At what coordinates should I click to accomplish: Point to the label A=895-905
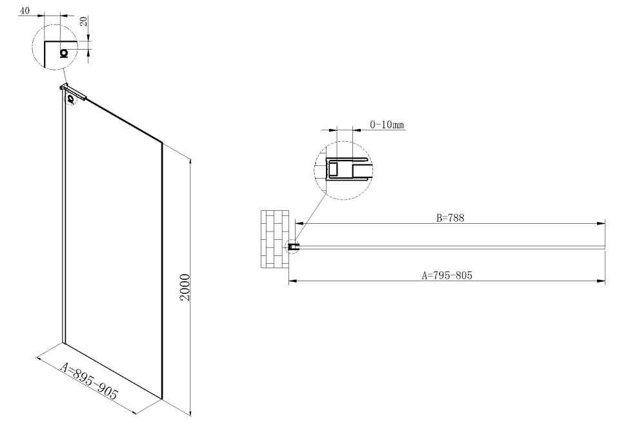[89, 381]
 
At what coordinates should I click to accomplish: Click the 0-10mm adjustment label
[387, 124]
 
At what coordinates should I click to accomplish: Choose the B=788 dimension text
[450, 218]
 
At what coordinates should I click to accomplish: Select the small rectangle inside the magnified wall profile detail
[334, 170]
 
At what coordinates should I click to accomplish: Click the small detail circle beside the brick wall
[292, 246]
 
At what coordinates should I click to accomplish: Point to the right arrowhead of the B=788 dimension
[601, 224]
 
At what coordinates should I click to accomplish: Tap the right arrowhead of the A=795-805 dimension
[601, 280]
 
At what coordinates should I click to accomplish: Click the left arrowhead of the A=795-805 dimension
[293, 280]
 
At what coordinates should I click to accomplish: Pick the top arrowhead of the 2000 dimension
[191, 161]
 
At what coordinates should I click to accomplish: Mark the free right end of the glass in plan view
[603, 246]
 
